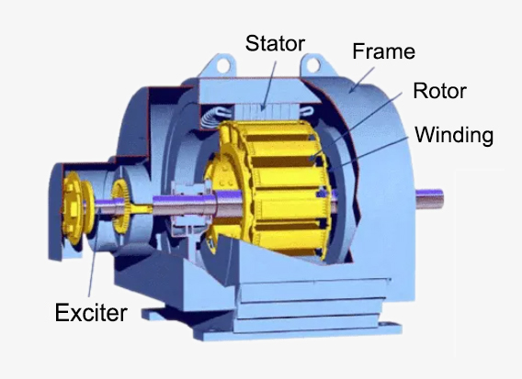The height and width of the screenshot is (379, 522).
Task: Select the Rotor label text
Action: click(x=439, y=92)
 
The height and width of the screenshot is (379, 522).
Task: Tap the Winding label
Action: click(x=454, y=136)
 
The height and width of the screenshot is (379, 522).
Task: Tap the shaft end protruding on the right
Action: click(x=433, y=196)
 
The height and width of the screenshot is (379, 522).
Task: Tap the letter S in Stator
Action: click(x=250, y=43)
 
